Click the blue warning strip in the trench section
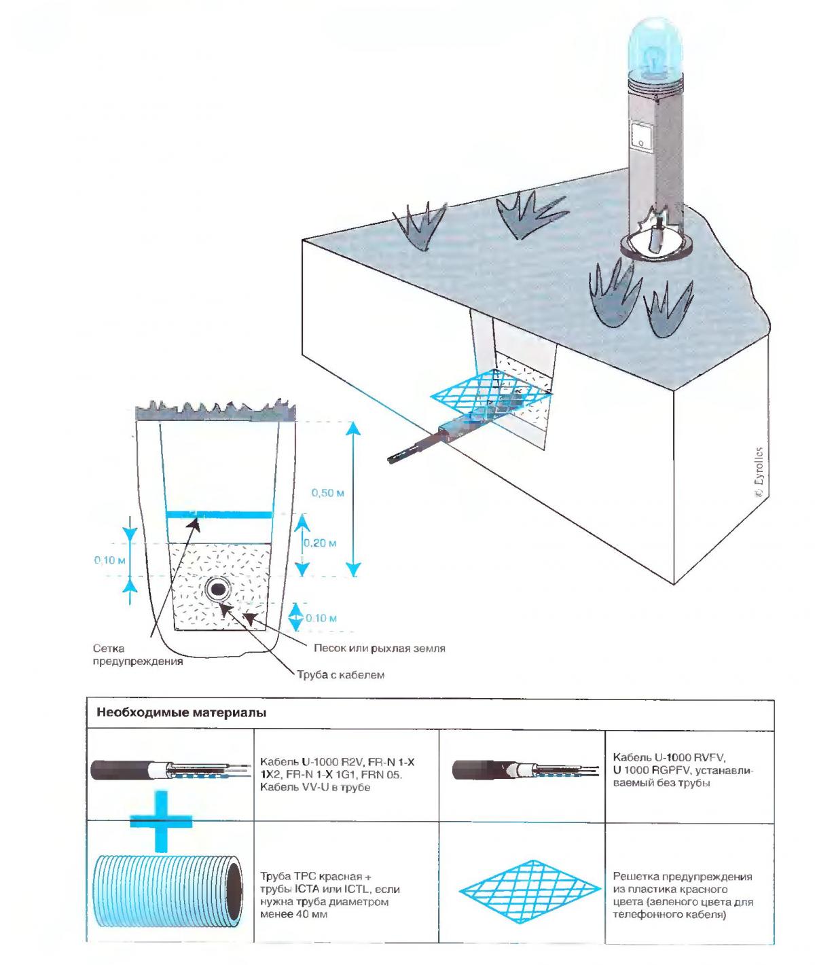pos(219,515)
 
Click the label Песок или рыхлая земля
pos(379,648)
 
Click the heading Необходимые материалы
pos(181,713)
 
